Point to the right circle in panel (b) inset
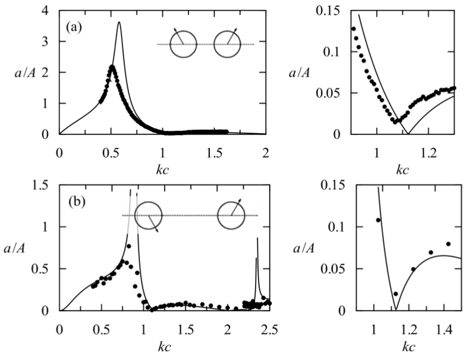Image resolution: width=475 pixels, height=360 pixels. pyautogui.click(x=231, y=215)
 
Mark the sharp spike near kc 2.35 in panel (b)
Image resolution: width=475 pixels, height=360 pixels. pyautogui.click(x=257, y=239)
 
